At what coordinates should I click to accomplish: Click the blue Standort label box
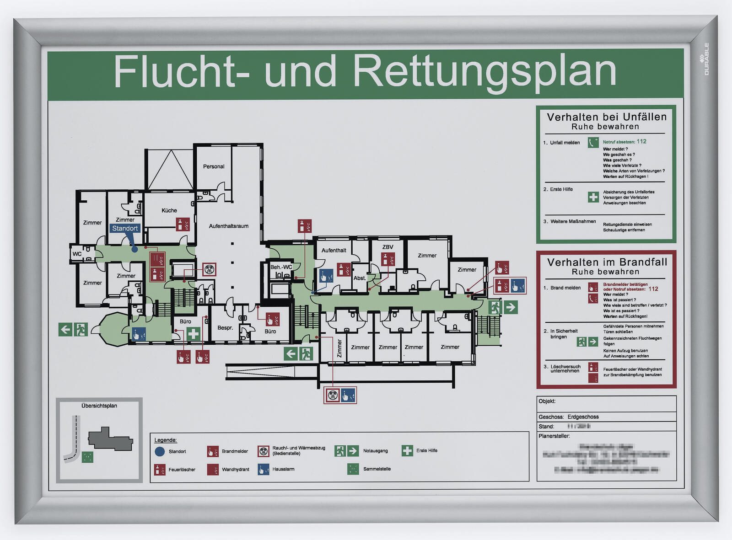click(125, 228)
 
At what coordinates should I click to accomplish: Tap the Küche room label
click(169, 210)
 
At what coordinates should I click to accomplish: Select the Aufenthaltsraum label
click(229, 226)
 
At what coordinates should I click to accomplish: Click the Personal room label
click(214, 166)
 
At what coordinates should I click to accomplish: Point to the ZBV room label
click(388, 247)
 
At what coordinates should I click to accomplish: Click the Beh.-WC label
click(281, 267)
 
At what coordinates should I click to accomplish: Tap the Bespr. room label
click(225, 328)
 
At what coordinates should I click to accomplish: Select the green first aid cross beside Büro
click(193, 333)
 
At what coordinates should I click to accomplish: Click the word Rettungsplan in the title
click(485, 72)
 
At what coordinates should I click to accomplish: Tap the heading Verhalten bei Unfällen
click(607, 117)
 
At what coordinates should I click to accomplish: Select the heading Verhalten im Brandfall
click(607, 262)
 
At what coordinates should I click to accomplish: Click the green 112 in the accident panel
click(641, 141)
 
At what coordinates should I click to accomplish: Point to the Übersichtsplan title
click(99, 406)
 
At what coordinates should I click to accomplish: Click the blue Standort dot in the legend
click(160, 451)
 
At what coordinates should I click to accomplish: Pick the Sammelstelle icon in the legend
click(353, 469)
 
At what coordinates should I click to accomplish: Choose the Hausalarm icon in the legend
click(264, 469)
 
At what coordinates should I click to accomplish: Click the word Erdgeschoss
click(583, 417)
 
